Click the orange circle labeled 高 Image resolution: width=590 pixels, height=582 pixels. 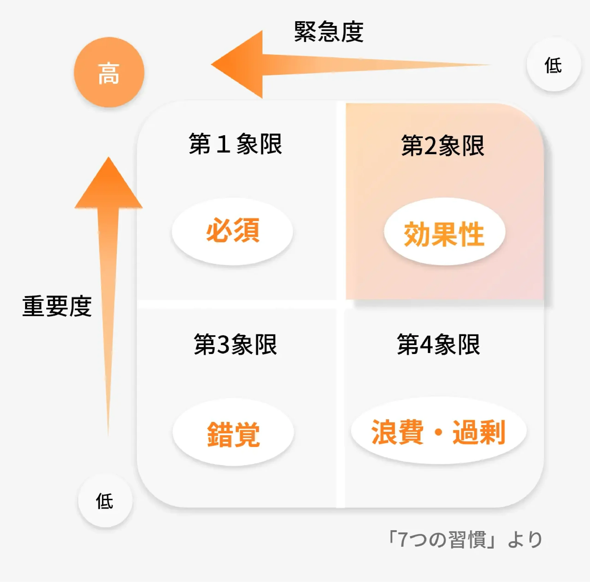click(109, 72)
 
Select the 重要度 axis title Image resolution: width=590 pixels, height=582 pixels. click(57, 306)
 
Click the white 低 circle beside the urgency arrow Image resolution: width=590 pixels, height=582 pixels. click(553, 65)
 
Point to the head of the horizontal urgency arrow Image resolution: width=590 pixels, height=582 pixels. click(211, 65)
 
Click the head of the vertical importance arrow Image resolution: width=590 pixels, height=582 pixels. click(108, 158)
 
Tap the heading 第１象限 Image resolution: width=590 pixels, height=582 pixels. click(235, 144)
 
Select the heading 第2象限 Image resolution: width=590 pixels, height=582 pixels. click(442, 146)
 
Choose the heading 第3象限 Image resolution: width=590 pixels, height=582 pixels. click(235, 344)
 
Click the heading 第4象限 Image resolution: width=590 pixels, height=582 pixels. click(438, 344)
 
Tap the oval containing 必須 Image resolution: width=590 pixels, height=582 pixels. click(232, 231)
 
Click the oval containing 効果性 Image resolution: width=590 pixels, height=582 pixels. click(445, 231)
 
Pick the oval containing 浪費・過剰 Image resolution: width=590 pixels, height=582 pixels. click(439, 430)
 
